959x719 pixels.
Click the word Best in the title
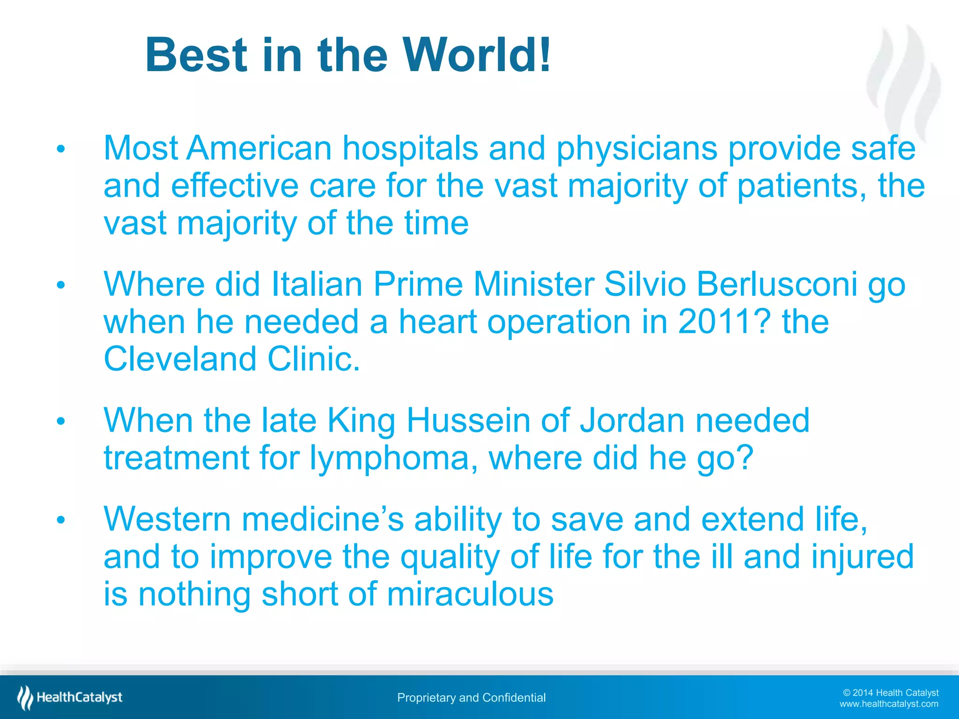196,55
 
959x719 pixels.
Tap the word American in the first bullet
259,148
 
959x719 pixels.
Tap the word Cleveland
180,359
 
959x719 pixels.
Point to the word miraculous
470,594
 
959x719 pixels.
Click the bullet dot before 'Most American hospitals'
60,149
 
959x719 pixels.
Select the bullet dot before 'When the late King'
60,421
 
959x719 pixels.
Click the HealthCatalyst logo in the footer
70,697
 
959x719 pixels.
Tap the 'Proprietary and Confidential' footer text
471,697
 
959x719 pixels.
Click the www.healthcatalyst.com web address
888,704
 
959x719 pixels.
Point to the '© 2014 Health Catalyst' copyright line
890,692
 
